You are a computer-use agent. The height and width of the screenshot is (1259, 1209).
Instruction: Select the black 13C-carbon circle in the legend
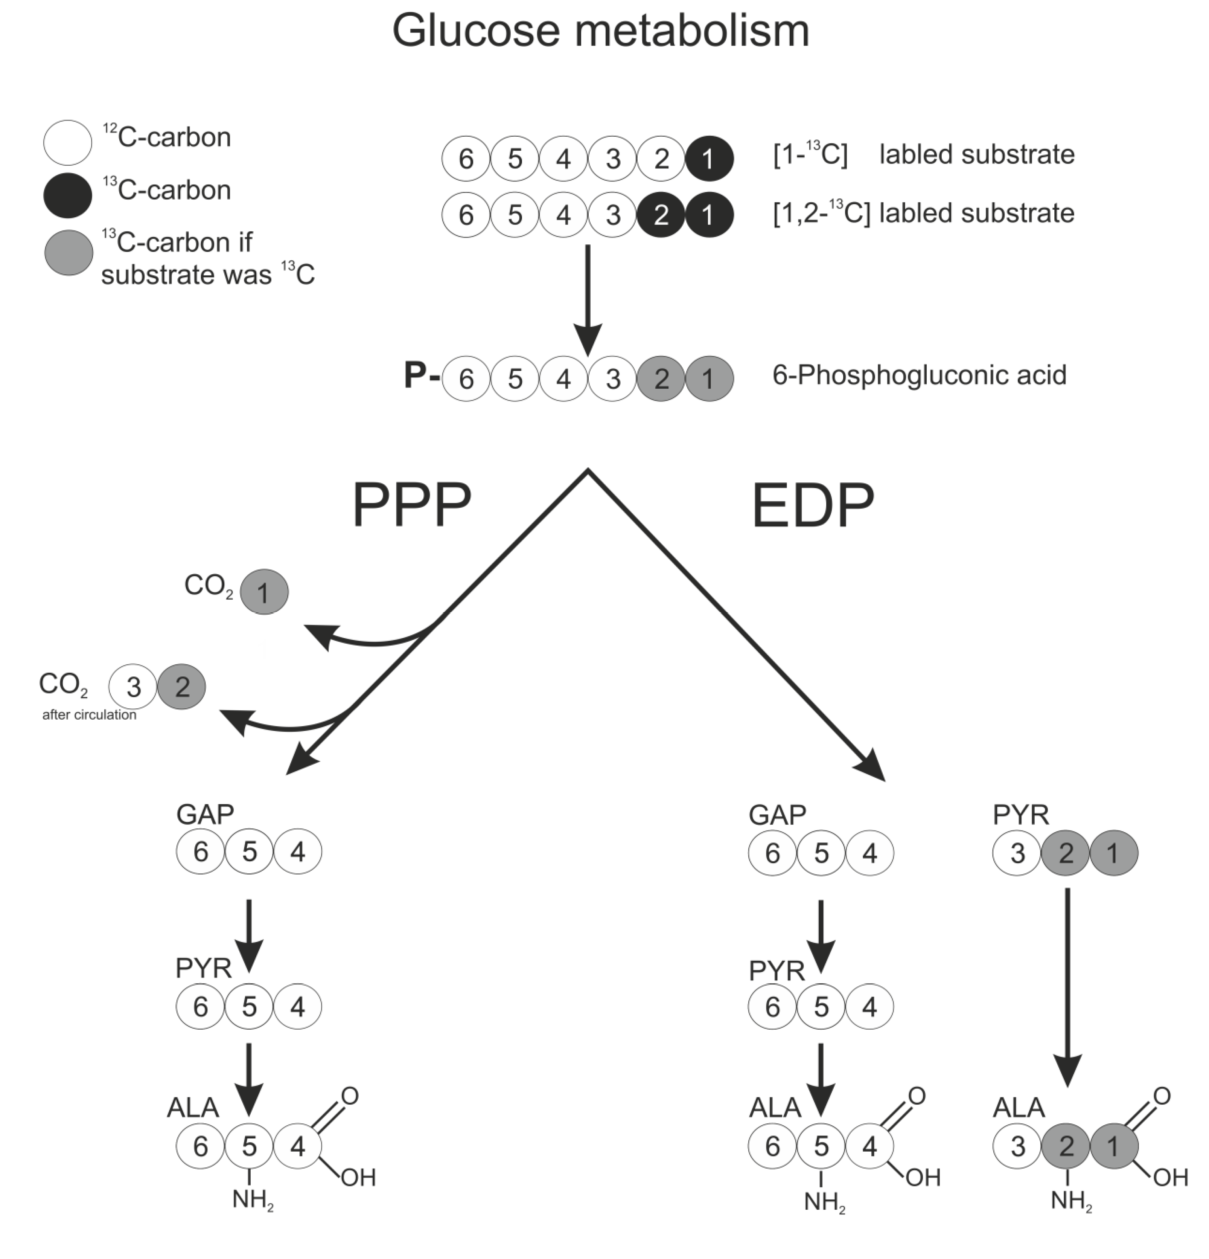pyautogui.click(x=67, y=195)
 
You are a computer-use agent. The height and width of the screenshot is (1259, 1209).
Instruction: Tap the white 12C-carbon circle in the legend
pyautogui.click(x=67, y=142)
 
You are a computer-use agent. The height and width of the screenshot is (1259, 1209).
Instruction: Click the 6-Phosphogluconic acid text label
pyautogui.click(x=919, y=375)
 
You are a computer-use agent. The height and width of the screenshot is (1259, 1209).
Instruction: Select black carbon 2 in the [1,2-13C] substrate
pyautogui.click(x=661, y=215)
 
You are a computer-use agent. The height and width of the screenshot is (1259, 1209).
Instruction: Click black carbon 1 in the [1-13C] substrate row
pyautogui.click(x=709, y=159)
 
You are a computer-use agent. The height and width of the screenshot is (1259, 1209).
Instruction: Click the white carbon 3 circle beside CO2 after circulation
pyautogui.click(x=133, y=687)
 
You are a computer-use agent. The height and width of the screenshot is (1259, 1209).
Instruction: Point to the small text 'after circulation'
pyautogui.click(x=89, y=714)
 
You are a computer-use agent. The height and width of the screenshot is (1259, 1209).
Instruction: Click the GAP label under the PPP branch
pyautogui.click(x=205, y=815)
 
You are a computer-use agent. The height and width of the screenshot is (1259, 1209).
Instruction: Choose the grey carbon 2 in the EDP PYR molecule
pyautogui.click(x=1065, y=853)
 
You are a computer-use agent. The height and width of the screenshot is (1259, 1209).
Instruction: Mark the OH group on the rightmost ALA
pyautogui.click(x=1171, y=1177)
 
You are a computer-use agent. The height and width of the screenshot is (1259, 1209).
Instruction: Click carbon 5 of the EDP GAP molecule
pyautogui.click(x=821, y=853)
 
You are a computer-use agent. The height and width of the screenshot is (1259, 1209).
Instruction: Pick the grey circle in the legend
pyautogui.click(x=68, y=252)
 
